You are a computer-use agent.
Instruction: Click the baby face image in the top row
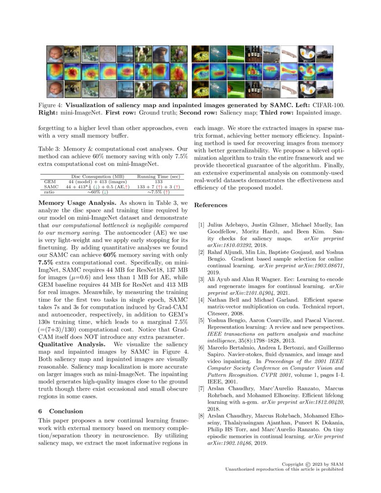54,54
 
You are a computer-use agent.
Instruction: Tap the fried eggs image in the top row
306,54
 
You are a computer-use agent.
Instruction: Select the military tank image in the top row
324,54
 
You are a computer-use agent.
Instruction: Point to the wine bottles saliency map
253,71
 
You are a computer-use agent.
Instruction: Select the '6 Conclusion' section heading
61,411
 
